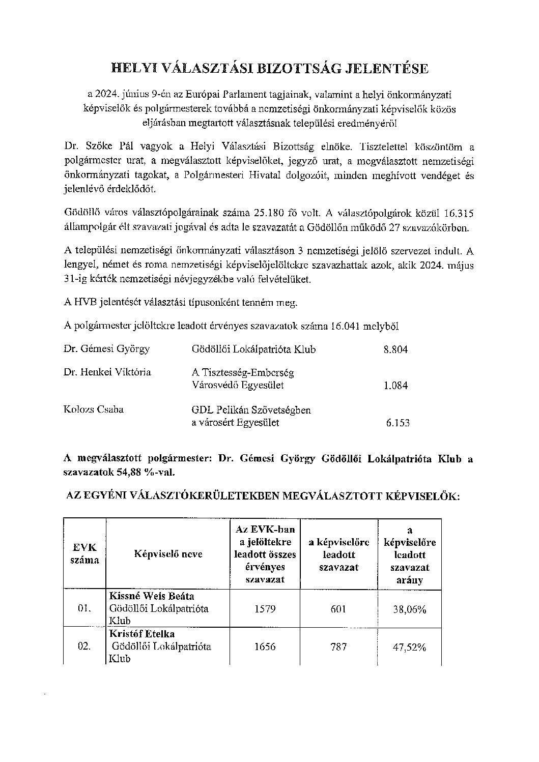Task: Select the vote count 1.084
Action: (x=395, y=386)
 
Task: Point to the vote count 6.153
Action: (x=398, y=423)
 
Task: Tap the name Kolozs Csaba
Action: (x=94, y=409)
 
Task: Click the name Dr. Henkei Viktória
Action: (x=107, y=372)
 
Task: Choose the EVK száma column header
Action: (x=84, y=553)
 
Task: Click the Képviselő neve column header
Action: (x=168, y=554)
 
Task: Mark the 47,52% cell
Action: (x=409, y=647)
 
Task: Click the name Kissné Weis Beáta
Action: (x=152, y=596)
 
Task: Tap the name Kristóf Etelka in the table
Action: (x=142, y=634)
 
